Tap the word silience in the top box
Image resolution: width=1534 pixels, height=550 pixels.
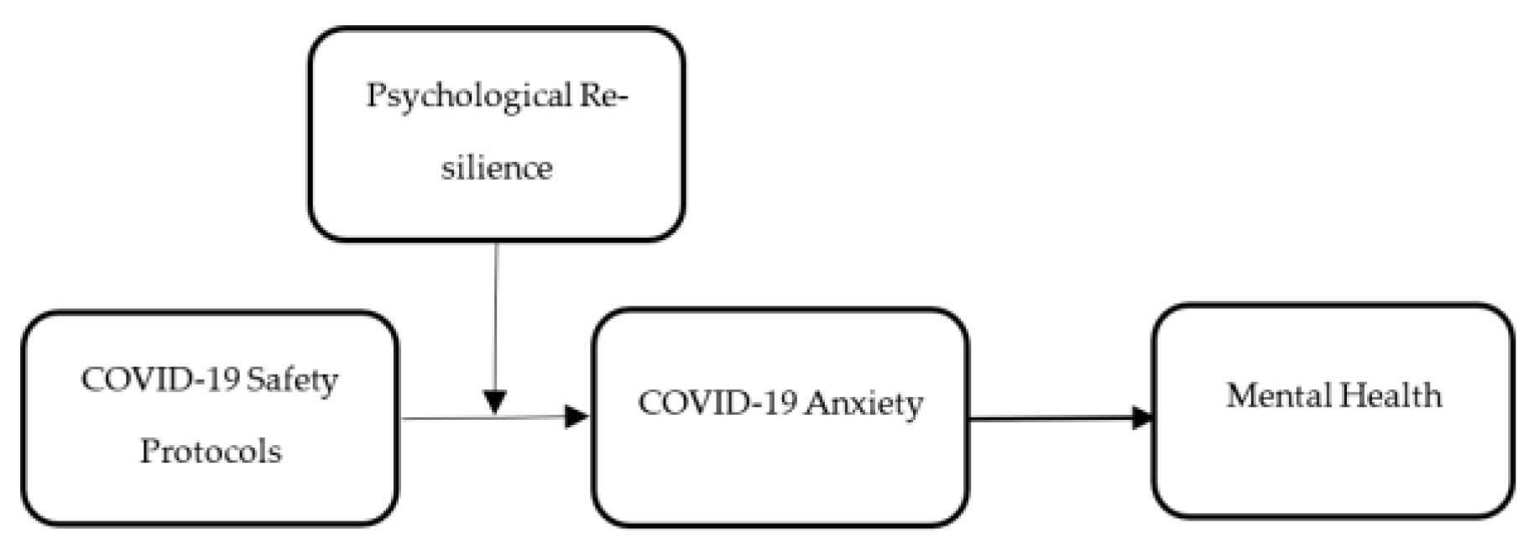(497, 168)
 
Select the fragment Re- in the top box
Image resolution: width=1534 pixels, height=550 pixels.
(603, 95)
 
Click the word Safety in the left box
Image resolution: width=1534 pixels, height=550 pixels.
(292, 380)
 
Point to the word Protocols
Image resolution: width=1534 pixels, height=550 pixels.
(211, 452)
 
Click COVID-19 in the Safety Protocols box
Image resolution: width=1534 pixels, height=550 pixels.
(159, 380)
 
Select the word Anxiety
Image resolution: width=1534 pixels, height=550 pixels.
(863, 404)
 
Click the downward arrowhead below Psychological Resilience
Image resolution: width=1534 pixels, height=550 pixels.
(496, 401)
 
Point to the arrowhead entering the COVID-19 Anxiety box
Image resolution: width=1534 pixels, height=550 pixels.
(577, 416)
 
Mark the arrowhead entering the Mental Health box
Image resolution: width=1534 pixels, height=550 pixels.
(1142, 417)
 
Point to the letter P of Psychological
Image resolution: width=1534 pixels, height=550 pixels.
(375, 95)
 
